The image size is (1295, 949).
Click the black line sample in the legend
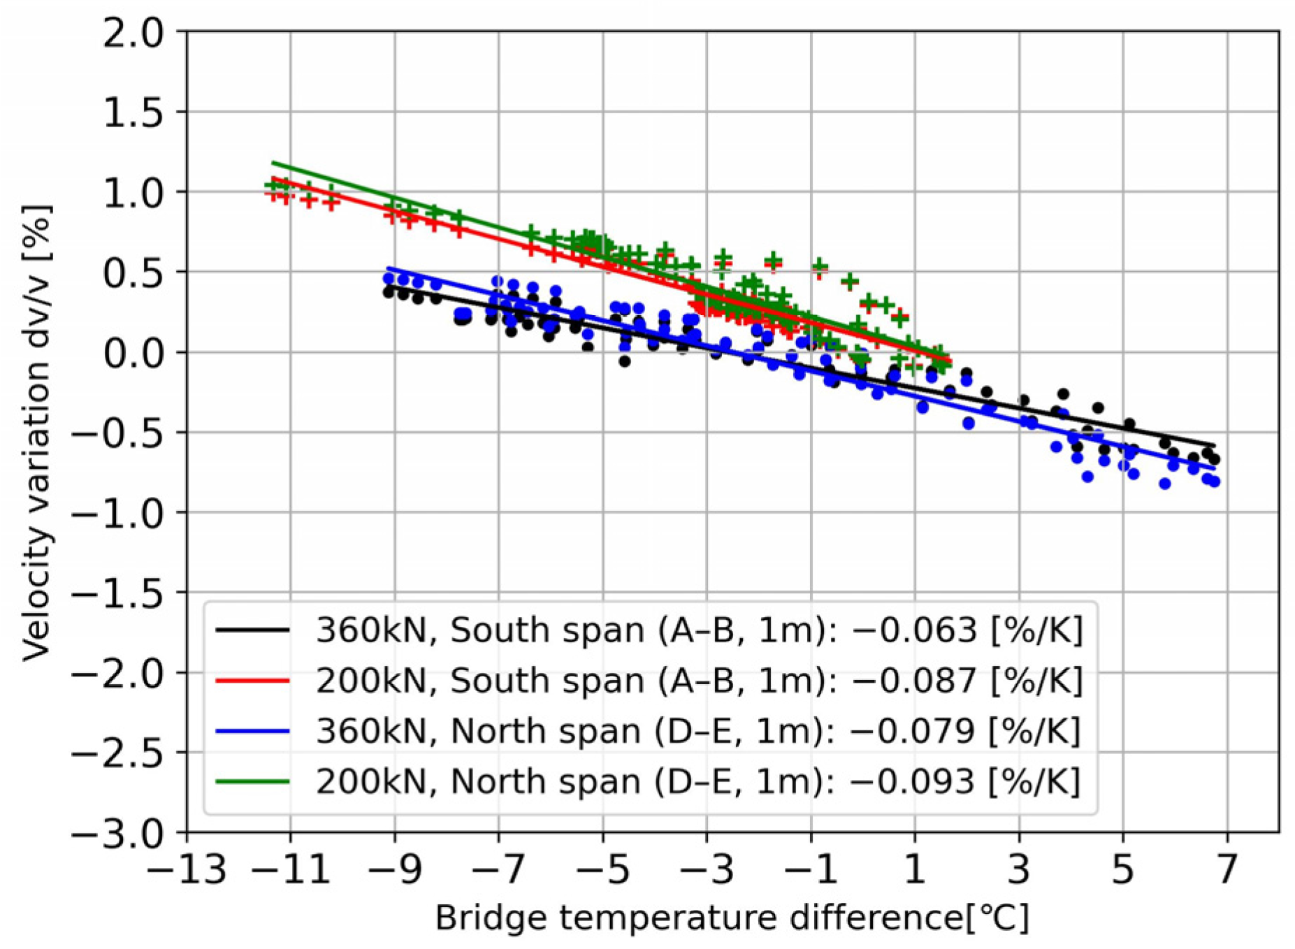coord(253,630)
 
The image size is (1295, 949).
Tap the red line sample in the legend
coord(253,681)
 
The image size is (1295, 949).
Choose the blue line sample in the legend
coord(253,731)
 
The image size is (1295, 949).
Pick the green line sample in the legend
coord(253,781)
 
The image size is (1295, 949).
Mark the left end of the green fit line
coord(273,163)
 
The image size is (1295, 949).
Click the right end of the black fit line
coord(1215,446)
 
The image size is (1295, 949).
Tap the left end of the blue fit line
coord(389,268)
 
